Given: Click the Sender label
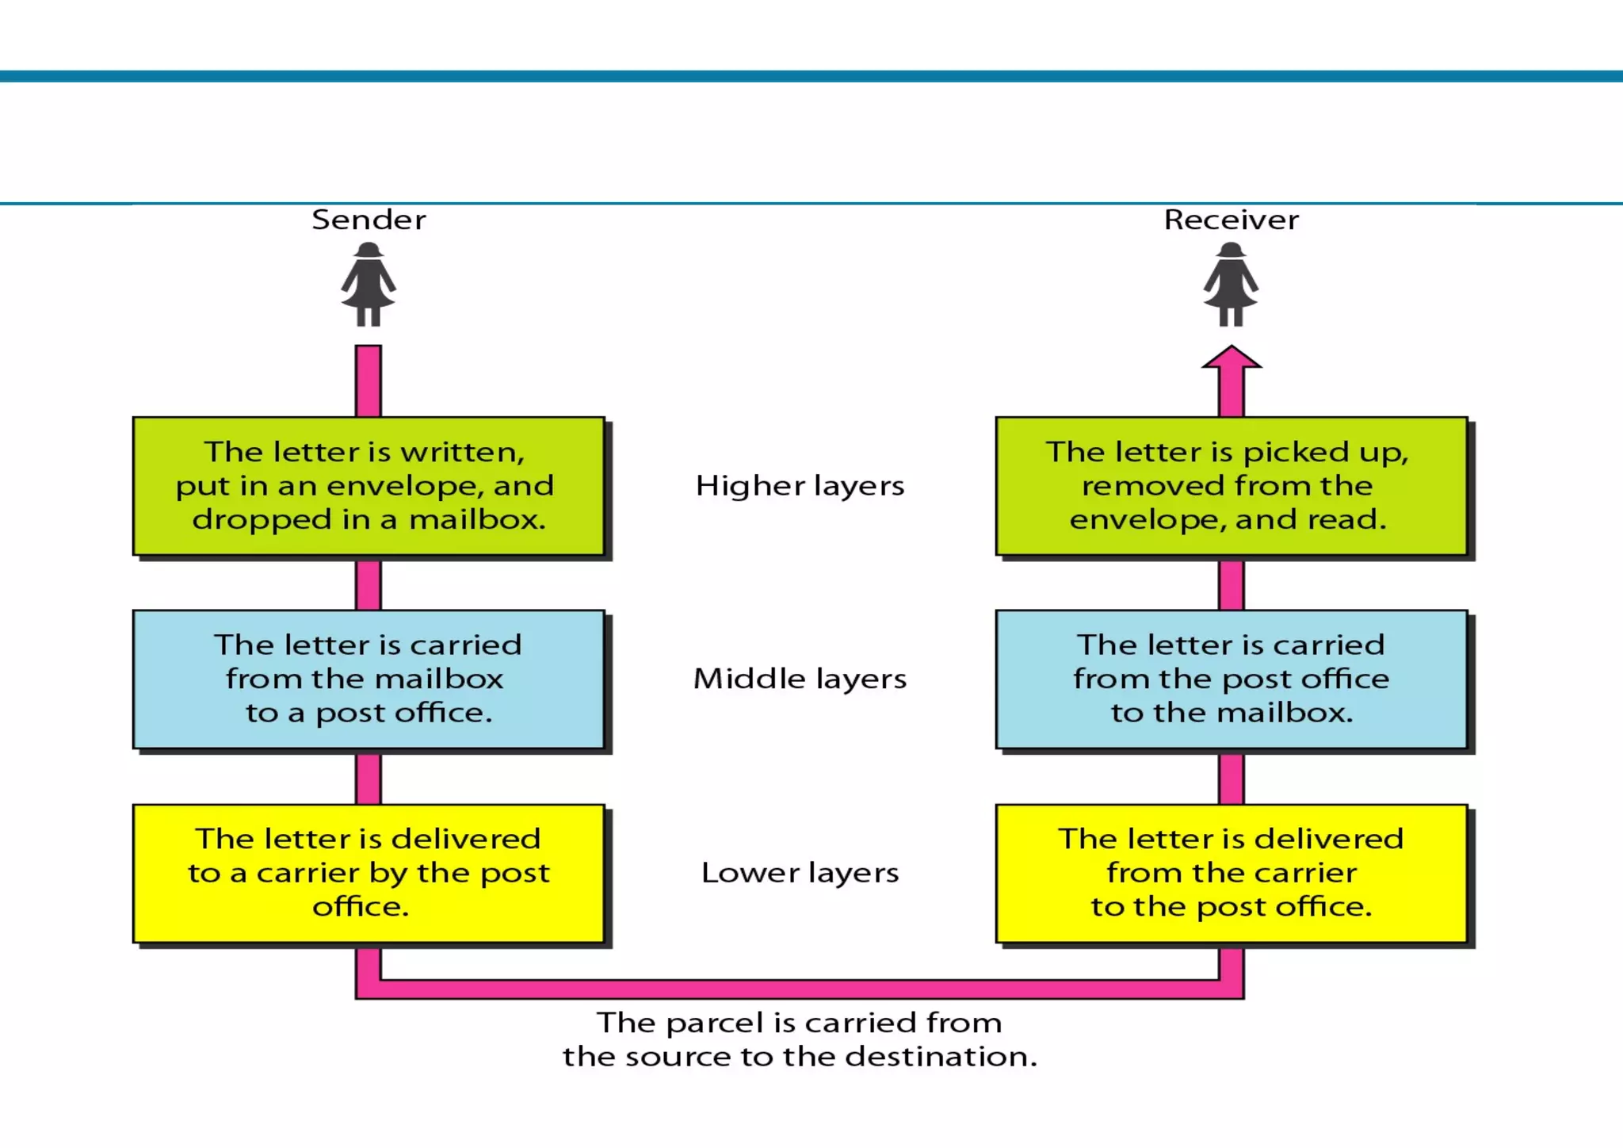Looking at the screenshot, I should tap(369, 220).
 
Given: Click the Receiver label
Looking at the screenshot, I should tap(1231, 220).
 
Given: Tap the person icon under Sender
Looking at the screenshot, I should tap(369, 285).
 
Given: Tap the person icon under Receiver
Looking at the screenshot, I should tap(1231, 285).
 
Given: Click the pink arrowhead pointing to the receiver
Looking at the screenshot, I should tap(1231, 359).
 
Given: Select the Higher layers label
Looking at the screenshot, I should tap(800, 485).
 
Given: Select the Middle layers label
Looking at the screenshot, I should tap(800, 679).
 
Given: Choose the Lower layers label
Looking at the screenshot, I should tap(800, 873).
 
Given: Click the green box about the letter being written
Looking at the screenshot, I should tap(369, 485).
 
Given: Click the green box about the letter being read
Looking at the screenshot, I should tap(1231, 485).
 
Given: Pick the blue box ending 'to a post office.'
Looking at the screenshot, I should tap(369, 679).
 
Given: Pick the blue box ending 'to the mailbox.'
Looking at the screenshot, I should tap(1231, 679).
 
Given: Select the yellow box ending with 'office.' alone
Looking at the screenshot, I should tap(369, 873).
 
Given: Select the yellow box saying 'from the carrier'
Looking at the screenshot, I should tap(1231, 873).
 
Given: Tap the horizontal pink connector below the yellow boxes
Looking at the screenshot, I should tap(800, 989).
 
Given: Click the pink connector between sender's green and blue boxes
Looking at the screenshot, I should tap(369, 584).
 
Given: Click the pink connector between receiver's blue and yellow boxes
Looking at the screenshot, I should tap(1231, 779).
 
